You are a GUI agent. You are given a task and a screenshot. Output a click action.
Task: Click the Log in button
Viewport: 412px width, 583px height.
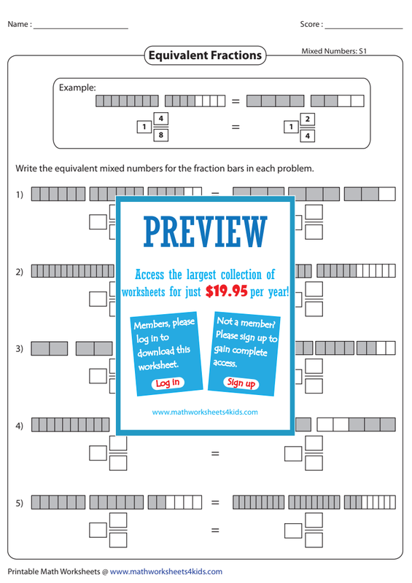pos(168,383)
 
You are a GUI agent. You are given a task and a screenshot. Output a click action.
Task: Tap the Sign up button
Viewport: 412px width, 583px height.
pos(241,383)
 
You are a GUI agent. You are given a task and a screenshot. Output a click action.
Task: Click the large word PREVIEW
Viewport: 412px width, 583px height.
pos(206,232)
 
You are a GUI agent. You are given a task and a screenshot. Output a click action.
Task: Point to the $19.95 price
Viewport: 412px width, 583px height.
pos(226,291)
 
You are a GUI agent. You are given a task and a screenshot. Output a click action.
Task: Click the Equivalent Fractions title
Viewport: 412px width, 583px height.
pos(205,55)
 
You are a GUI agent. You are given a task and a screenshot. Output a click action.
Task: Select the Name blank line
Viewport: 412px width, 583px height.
pos(81,28)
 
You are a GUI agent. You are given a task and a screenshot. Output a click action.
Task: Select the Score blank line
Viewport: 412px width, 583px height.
pos(364,28)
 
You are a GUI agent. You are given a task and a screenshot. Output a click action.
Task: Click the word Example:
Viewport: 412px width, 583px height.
pos(77,87)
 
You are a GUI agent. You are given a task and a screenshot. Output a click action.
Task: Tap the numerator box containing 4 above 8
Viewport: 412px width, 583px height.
pos(160,119)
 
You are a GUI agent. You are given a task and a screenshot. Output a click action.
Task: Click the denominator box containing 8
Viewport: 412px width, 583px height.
pos(160,135)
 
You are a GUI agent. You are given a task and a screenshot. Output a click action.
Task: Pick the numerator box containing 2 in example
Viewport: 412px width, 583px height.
pos(308,120)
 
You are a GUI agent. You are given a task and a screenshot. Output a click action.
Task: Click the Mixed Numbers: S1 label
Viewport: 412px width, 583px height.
pos(334,51)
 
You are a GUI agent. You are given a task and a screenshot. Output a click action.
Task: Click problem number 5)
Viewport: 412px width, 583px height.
pos(20,503)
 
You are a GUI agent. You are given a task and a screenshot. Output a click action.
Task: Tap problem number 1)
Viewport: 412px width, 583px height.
pos(20,195)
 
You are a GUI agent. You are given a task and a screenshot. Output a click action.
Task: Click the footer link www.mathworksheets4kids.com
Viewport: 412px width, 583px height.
pos(166,571)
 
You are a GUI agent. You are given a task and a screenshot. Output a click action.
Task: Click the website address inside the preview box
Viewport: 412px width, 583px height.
pos(205,412)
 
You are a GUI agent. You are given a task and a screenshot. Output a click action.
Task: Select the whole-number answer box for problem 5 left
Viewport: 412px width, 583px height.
pos(98,531)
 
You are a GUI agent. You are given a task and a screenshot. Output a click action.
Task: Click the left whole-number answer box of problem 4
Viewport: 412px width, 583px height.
pos(98,453)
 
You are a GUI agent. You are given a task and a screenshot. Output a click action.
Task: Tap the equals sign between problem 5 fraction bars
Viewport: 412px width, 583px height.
pos(215,502)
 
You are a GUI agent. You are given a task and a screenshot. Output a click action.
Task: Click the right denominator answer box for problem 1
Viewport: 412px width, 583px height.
pos(314,232)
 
